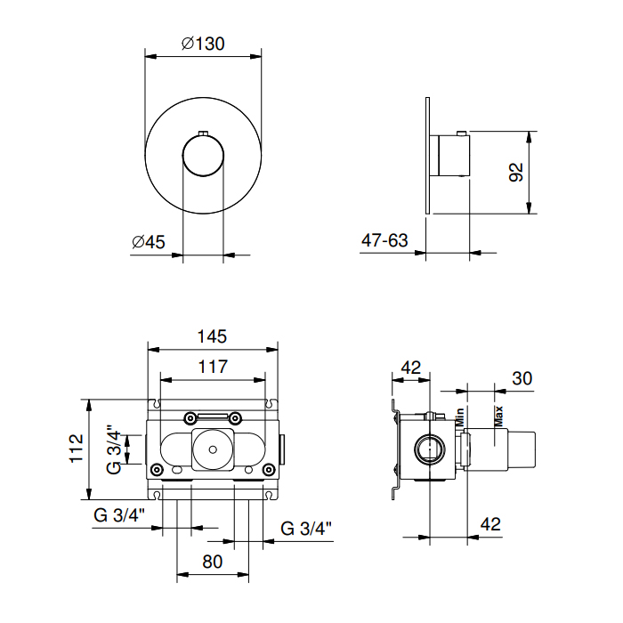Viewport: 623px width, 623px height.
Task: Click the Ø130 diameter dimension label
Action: click(x=203, y=44)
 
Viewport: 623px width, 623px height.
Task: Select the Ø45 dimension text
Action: click(x=149, y=241)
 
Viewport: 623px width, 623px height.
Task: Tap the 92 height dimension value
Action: click(x=516, y=172)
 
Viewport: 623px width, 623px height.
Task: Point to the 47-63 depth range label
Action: click(x=384, y=240)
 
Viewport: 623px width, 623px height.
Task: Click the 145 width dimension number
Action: click(x=212, y=336)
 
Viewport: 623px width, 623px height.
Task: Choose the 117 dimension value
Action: click(x=213, y=367)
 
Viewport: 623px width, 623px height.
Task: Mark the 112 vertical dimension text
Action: click(x=77, y=449)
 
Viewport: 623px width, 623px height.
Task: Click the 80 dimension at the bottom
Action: click(x=212, y=562)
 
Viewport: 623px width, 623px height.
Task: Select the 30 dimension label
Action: click(x=522, y=378)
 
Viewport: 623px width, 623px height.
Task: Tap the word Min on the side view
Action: click(x=460, y=417)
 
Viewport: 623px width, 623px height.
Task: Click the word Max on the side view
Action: click(x=498, y=417)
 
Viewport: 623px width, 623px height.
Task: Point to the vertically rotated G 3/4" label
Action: click(x=114, y=449)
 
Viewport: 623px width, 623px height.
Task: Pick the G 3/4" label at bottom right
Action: click(x=306, y=529)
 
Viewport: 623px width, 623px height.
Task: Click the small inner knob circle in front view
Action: click(x=203, y=156)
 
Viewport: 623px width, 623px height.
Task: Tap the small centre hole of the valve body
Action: click(x=213, y=449)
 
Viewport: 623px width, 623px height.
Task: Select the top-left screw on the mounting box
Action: click(x=190, y=418)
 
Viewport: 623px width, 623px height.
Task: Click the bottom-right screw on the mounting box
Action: click(x=269, y=470)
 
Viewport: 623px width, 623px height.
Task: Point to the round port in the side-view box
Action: click(x=430, y=449)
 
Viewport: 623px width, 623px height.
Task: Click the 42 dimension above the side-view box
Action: click(x=411, y=368)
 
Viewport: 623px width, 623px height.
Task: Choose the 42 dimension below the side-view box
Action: click(x=490, y=524)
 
